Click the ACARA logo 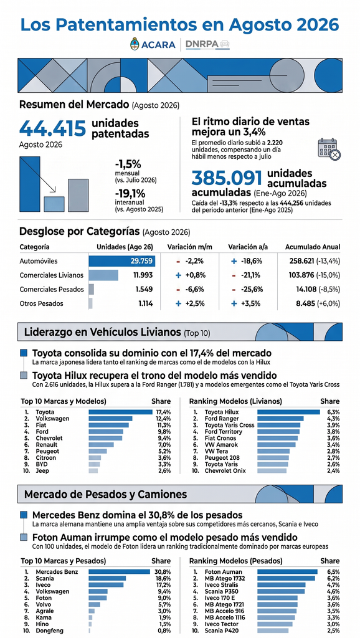(153, 44)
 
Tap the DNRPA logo (207, 44)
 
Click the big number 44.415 (52, 128)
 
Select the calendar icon (329, 149)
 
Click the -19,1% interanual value (128, 193)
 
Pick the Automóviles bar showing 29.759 (122, 261)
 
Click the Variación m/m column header (189, 247)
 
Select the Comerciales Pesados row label (52, 289)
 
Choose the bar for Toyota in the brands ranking (120, 412)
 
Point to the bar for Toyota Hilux (289, 412)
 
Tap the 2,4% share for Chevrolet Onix (333, 471)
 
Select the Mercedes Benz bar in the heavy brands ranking (119, 572)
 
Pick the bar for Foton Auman (287, 572)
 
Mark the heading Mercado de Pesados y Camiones (106, 494)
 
